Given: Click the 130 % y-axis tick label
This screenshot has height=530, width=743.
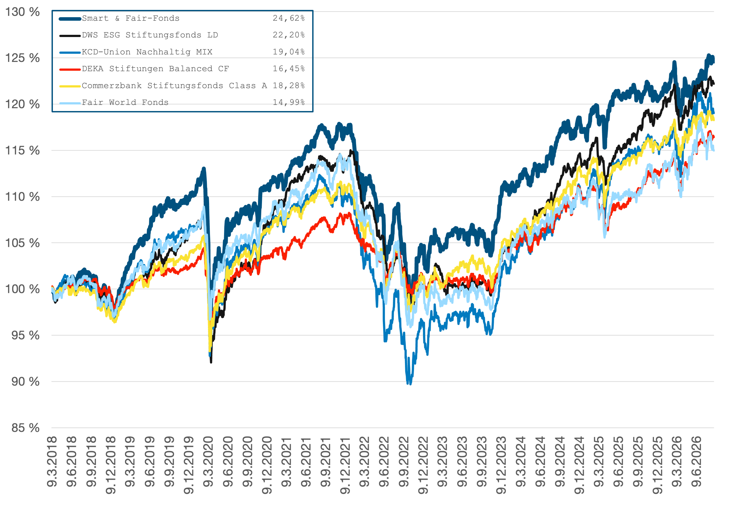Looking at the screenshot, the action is pyautogui.click(x=22, y=12).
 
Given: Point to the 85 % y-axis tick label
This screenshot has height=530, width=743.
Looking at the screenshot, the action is pyautogui.click(x=26, y=428).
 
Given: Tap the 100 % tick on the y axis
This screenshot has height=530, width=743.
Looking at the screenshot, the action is pyautogui.click(x=22, y=289).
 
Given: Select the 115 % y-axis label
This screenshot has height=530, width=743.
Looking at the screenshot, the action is pyautogui.click(x=22, y=150).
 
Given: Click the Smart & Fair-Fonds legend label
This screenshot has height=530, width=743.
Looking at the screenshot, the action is pyautogui.click(x=131, y=18).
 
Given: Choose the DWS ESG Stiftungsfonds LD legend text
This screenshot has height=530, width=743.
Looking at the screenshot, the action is pyautogui.click(x=150, y=35).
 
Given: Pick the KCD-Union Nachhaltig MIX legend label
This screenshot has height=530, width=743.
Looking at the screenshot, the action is pyautogui.click(x=147, y=52).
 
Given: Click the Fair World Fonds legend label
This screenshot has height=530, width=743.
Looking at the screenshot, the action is pyautogui.click(x=125, y=102).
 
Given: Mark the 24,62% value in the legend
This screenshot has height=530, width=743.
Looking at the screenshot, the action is pyautogui.click(x=289, y=18).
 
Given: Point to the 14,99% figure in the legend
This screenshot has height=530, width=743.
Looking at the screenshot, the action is pyautogui.click(x=289, y=102).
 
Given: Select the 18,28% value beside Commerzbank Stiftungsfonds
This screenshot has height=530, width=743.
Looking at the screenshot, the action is pyautogui.click(x=289, y=85).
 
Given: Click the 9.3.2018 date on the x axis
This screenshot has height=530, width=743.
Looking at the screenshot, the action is pyautogui.click(x=52, y=461).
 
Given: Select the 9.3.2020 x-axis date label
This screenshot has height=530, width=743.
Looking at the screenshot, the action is pyautogui.click(x=208, y=461).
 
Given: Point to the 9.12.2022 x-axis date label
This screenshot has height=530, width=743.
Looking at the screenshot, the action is pyautogui.click(x=423, y=465).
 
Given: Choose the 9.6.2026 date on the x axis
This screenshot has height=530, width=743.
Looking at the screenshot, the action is pyautogui.click(x=696, y=461).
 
